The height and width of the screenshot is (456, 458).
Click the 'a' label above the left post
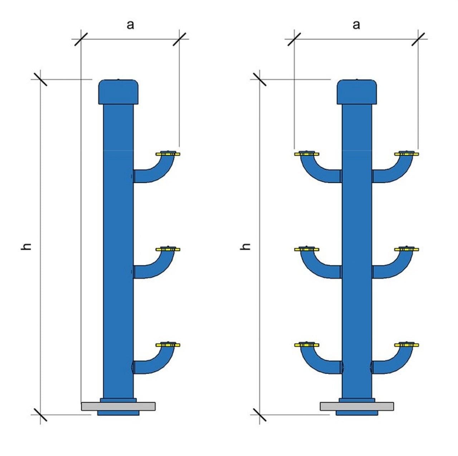[x=130, y=25]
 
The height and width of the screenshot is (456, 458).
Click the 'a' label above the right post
[x=356, y=25]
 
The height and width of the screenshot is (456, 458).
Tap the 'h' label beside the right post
[x=245, y=247]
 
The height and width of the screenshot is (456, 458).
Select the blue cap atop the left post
[x=118, y=92]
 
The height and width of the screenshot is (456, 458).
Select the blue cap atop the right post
[x=357, y=92]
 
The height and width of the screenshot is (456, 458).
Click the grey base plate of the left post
[x=118, y=406]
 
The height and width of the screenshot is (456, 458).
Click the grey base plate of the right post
[x=357, y=406]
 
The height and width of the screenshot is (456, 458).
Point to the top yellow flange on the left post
[x=168, y=154]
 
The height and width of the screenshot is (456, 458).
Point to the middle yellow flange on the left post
[x=168, y=249]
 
